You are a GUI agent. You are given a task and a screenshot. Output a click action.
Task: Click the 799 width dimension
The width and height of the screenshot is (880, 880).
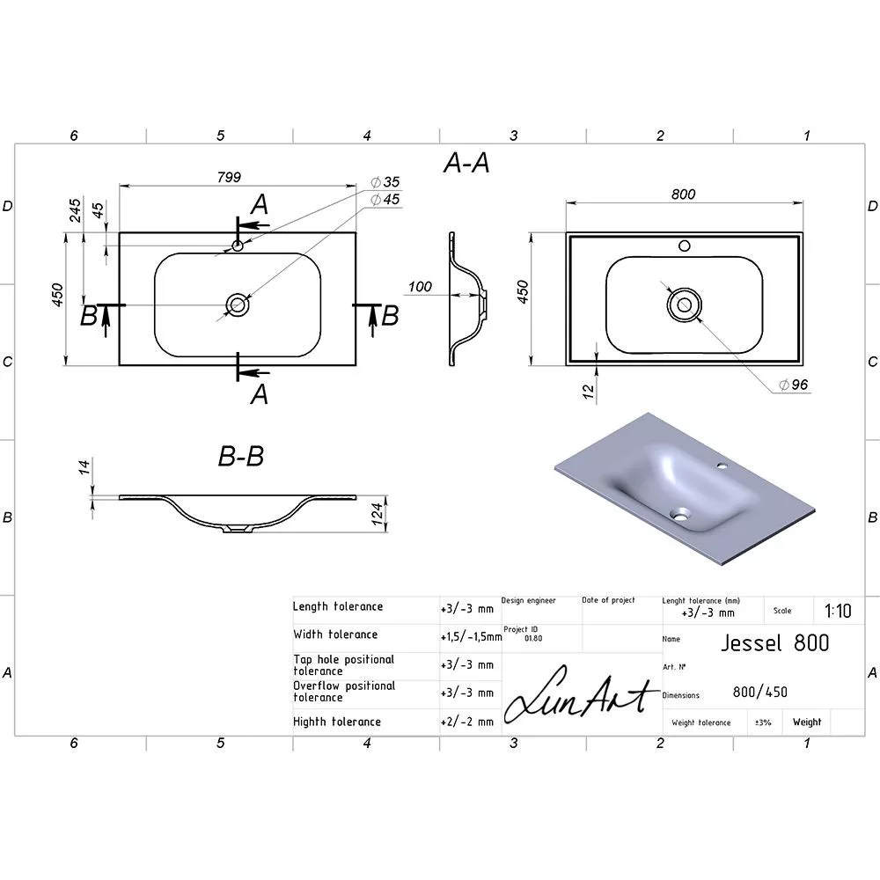(x=229, y=178)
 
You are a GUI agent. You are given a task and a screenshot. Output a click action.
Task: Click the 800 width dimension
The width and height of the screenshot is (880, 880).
(x=683, y=194)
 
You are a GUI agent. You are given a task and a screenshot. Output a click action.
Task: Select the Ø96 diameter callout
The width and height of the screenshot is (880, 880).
(x=794, y=385)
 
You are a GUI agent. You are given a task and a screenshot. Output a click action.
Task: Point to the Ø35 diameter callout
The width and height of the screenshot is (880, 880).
(x=385, y=182)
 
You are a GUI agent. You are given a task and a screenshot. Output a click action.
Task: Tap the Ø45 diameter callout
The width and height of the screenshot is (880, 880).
(x=385, y=200)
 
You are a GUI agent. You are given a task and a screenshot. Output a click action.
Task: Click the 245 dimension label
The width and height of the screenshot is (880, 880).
(x=75, y=210)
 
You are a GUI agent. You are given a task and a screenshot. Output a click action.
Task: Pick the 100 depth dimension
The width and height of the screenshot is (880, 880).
(x=420, y=287)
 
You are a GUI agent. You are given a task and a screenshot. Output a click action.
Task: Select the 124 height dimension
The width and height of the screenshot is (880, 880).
(x=377, y=514)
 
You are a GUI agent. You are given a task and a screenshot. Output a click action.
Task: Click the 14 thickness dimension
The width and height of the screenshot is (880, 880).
(x=84, y=467)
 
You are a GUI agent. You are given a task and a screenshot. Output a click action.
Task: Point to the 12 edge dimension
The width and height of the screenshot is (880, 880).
(x=588, y=392)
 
